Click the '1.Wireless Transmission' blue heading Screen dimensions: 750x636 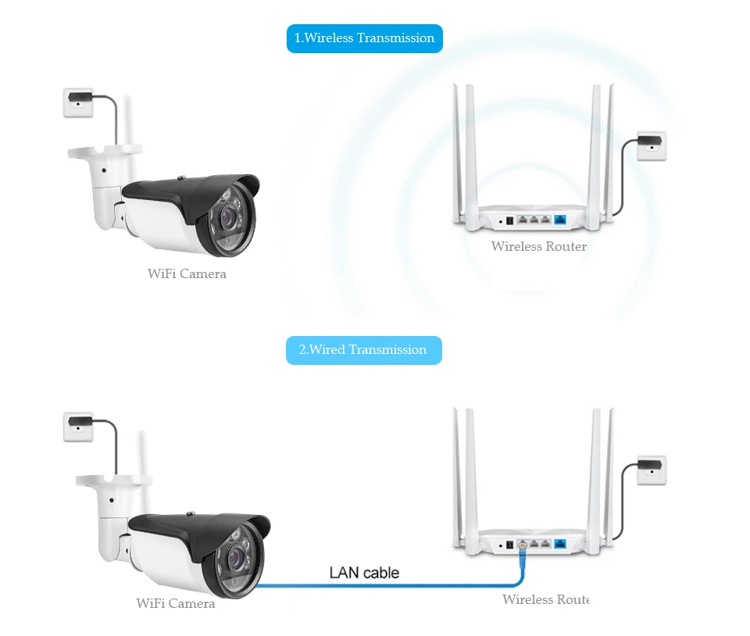(x=365, y=38)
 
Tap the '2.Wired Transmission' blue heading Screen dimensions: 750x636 (x=363, y=350)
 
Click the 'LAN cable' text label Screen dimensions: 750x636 (x=364, y=573)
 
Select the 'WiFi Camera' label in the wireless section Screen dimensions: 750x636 (x=187, y=273)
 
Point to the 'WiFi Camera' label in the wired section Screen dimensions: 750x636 (x=176, y=603)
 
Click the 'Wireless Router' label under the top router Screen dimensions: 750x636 (x=539, y=246)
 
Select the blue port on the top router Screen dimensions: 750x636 (x=560, y=220)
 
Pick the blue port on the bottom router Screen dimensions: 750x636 (x=560, y=544)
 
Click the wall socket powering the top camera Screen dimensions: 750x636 (x=78, y=102)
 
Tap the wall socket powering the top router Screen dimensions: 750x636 (x=652, y=145)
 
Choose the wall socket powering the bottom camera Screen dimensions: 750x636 (x=78, y=427)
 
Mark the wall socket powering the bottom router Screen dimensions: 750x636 (x=652, y=470)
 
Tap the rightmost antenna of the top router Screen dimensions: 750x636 (x=609, y=153)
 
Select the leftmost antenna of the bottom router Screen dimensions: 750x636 (x=458, y=478)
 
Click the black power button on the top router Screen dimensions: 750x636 (x=509, y=220)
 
